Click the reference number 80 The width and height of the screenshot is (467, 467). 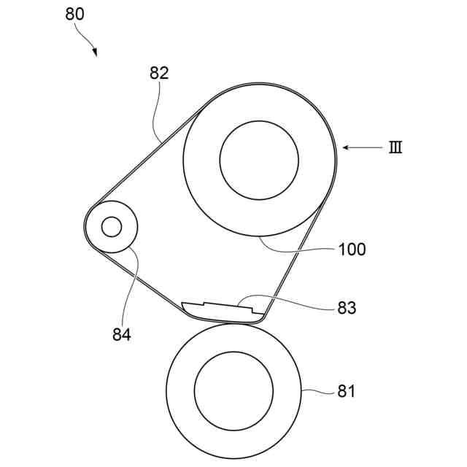tap(76, 15)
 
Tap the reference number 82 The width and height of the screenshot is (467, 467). tap(159, 73)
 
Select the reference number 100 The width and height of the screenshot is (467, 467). tap(352, 250)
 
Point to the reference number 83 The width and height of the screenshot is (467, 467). tap(347, 308)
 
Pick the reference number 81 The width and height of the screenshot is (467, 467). tap(346, 392)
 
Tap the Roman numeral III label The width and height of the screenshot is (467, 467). tap(395, 147)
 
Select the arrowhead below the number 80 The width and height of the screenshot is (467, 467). tap(95, 53)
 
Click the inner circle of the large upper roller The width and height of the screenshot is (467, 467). tap(259, 159)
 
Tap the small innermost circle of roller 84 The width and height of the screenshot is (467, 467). tap(112, 227)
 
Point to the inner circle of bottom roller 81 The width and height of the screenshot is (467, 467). tap(233, 392)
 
